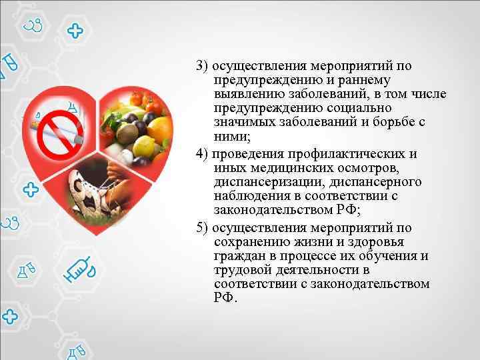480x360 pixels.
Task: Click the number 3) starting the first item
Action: point(203,66)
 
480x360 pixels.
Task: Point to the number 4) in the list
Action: point(203,154)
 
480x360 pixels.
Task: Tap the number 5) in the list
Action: point(203,227)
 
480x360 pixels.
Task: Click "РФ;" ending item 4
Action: point(343,211)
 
